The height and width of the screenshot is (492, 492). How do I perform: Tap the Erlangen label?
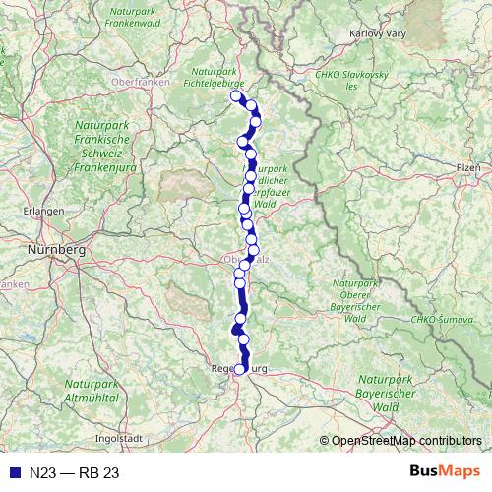pyautogui.click(x=46, y=211)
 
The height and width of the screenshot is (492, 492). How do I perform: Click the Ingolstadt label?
pyautogui.click(x=118, y=437)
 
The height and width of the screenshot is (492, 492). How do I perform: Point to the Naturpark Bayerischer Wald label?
pyautogui.click(x=390, y=392)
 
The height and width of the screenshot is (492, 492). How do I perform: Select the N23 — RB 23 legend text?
pyautogui.click(x=74, y=473)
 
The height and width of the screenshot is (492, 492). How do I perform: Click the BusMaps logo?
pyautogui.click(x=445, y=472)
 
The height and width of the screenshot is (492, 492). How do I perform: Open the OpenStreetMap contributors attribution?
pyautogui.click(x=406, y=441)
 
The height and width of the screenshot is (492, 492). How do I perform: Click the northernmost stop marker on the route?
pyautogui.click(x=235, y=95)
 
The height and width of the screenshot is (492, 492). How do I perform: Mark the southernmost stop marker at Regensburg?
pyautogui.click(x=239, y=369)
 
